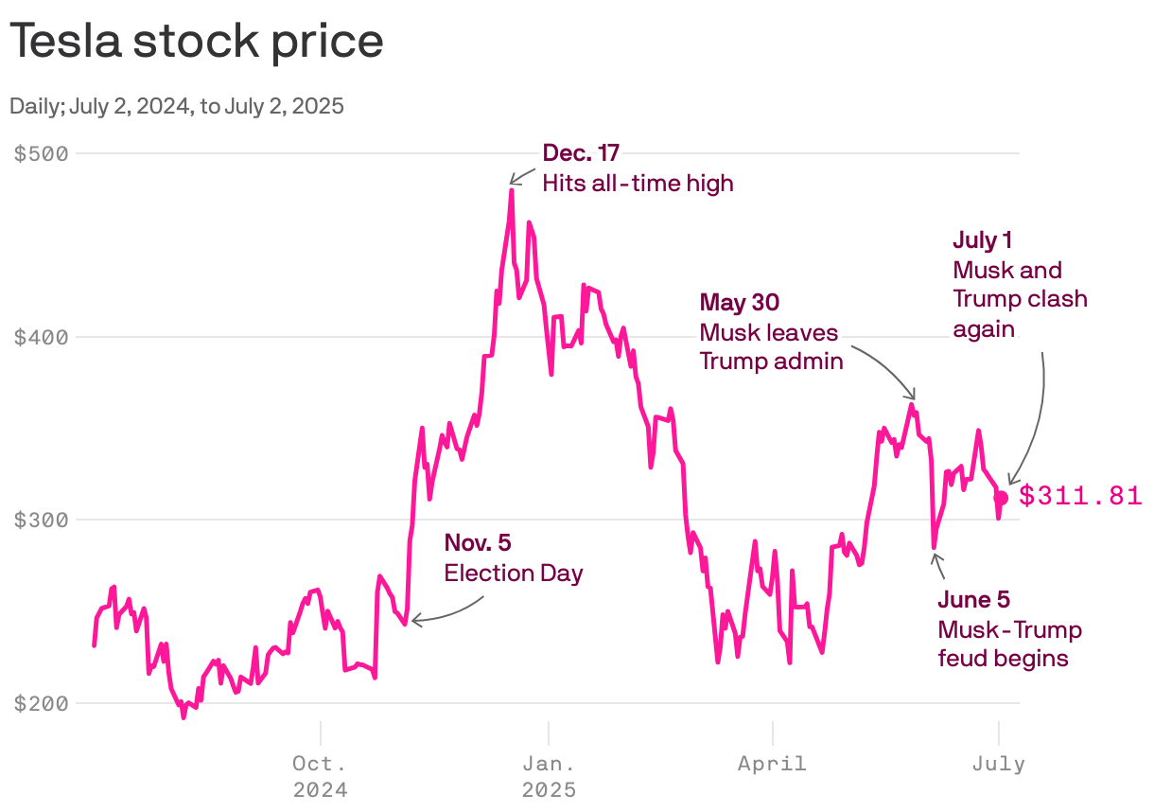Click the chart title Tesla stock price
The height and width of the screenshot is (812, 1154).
[x=197, y=42]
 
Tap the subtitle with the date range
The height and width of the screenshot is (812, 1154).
[x=176, y=106]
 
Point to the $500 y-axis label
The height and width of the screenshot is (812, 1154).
[x=43, y=153]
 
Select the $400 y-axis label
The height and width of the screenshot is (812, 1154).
[x=43, y=337]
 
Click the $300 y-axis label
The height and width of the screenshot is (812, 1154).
[x=43, y=520]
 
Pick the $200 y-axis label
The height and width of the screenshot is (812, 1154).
[x=43, y=703]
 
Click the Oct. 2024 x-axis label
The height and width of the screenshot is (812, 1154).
[x=320, y=775]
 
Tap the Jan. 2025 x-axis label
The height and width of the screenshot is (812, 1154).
[x=549, y=775]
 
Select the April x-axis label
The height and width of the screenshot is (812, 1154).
[x=772, y=763]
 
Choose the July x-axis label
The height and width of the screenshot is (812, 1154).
[x=998, y=763]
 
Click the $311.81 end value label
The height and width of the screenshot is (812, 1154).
[x=1079, y=496]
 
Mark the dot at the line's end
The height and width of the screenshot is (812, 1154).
[x=1001, y=498]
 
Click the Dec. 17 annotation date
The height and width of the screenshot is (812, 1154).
[x=581, y=153]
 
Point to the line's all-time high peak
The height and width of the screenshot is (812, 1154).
[x=511, y=190]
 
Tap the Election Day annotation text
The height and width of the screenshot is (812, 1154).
[x=514, y=573]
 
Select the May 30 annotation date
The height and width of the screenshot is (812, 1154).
[x=739, y=303]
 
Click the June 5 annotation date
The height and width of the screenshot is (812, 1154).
[x=973, y=600]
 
